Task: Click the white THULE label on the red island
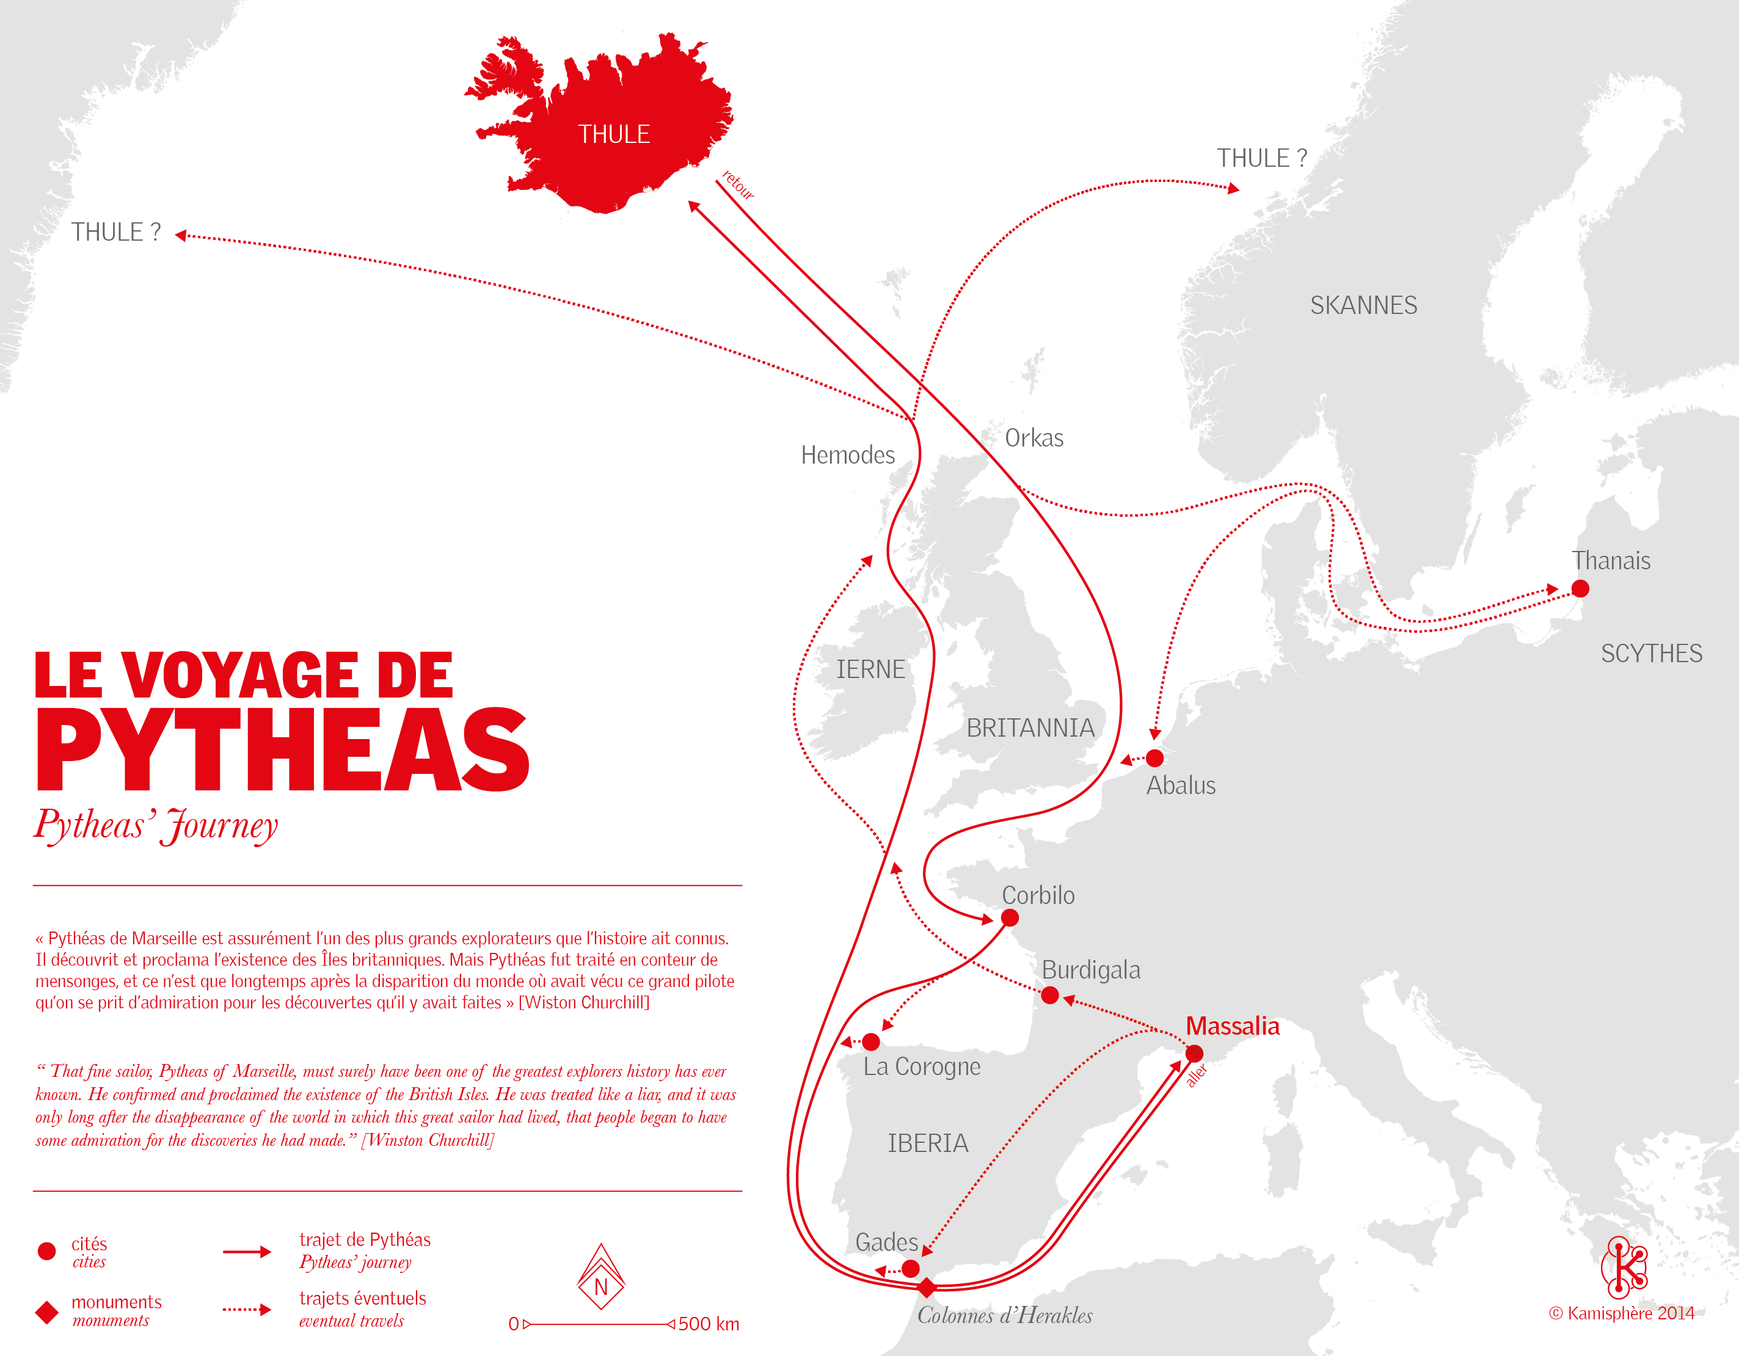[613, 134]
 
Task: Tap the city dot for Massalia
[1194, 1054]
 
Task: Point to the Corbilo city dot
[1010, 917]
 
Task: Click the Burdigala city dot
[1049, 995]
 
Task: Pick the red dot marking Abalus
[1154, 758]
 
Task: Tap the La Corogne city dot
[871, 1041]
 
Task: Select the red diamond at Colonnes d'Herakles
[926, 1287]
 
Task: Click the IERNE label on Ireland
[870, 669]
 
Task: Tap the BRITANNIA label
[1030, 727]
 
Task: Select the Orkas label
[1034, 438]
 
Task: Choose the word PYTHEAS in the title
[283, 750]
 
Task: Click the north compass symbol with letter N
[601, 1278]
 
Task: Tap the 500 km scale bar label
[708, 1324]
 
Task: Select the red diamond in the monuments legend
[47, 1312]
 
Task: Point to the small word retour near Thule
[738, 184]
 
